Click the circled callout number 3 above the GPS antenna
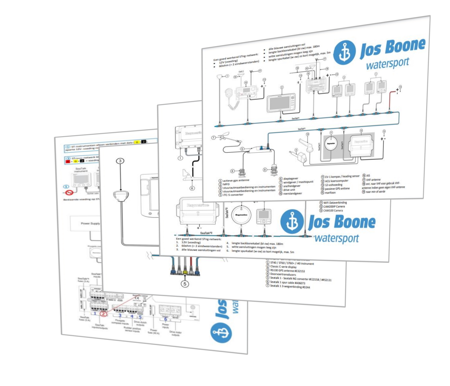pos(120,161)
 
